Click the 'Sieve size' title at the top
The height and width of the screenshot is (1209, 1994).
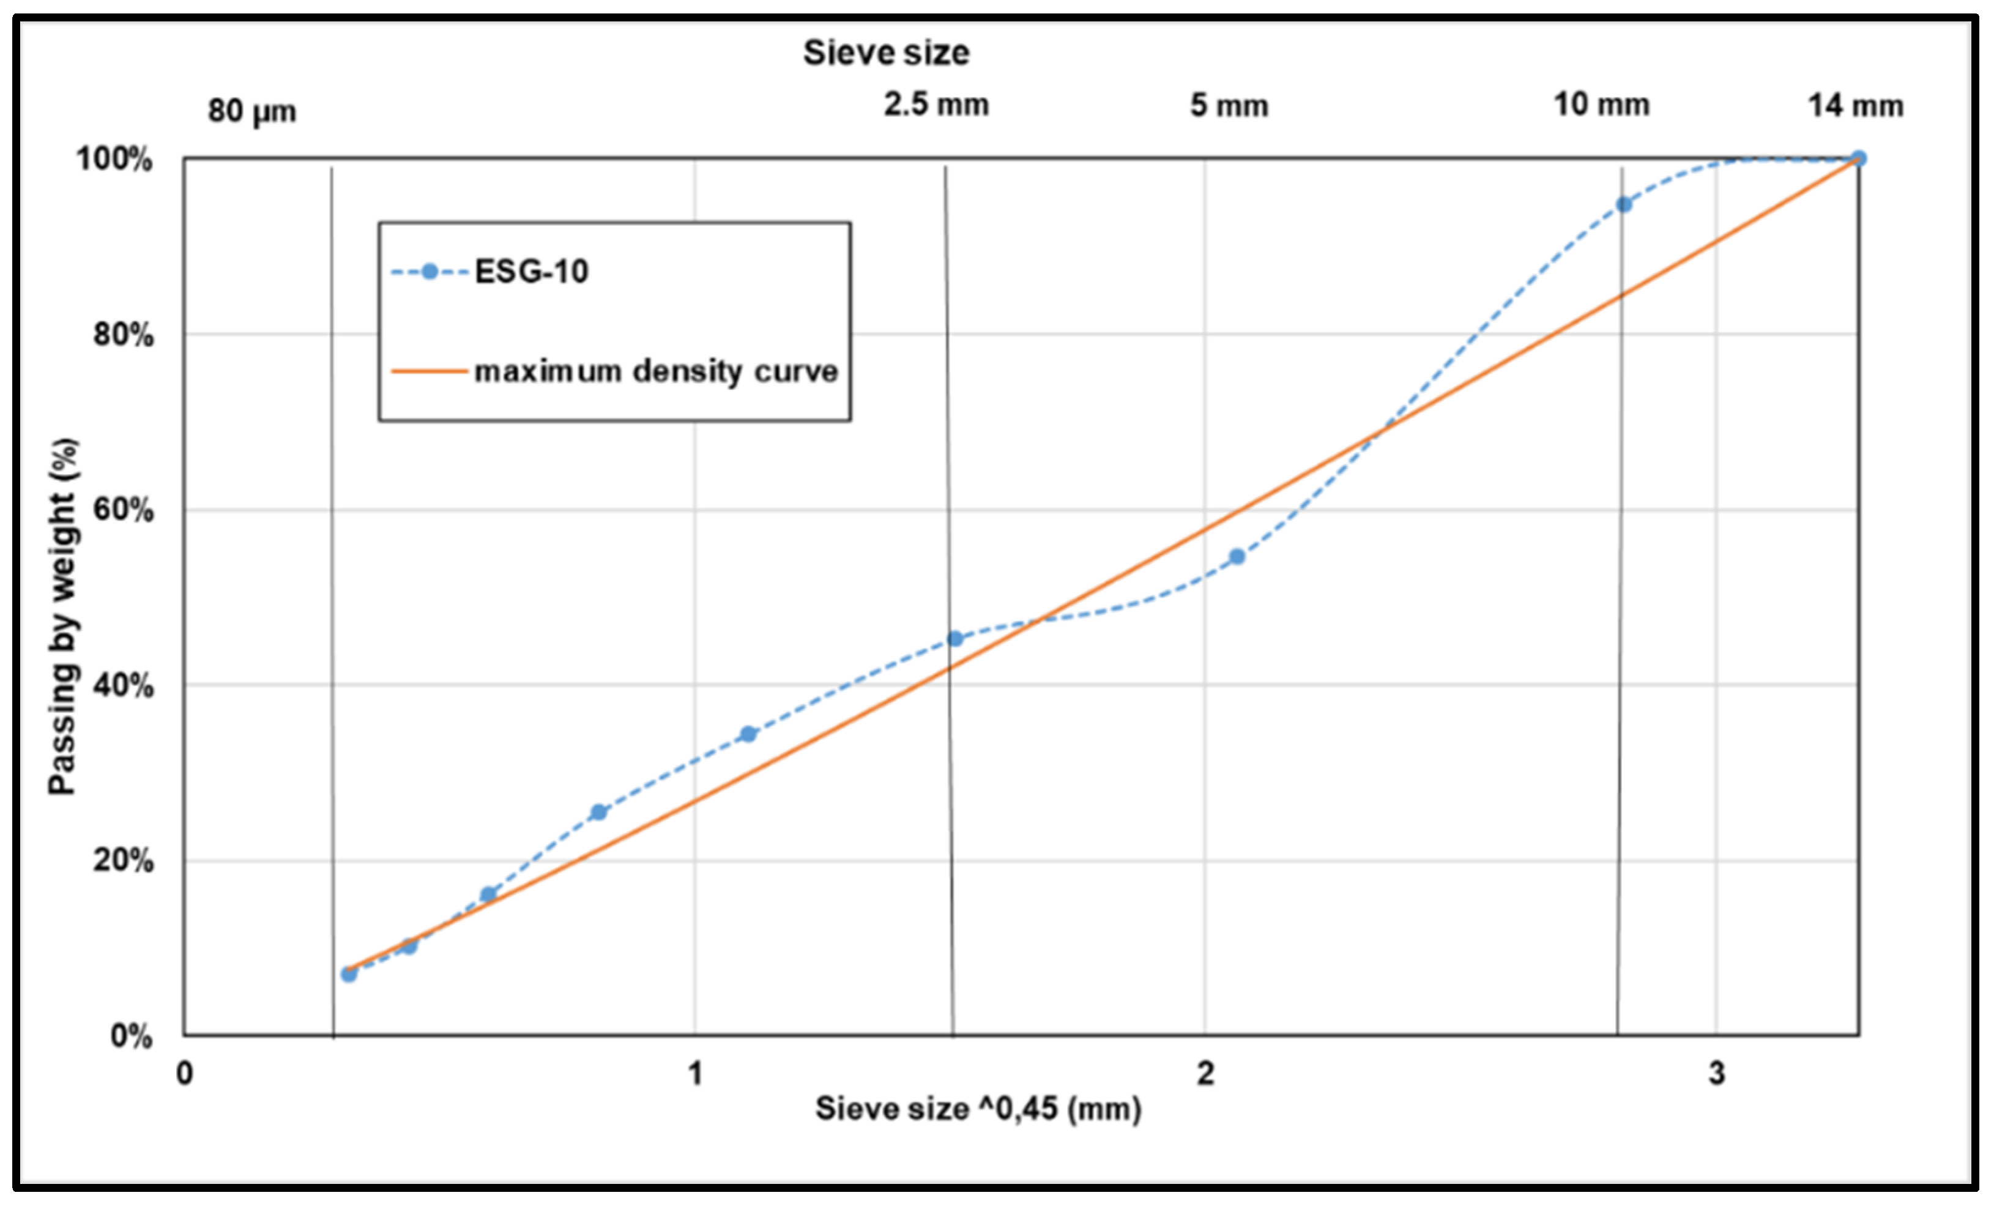click(885, 53)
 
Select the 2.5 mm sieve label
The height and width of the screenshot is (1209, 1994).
click(936, 105)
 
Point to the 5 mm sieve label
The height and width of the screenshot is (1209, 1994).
click(1229, 106)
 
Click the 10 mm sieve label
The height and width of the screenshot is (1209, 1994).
click(1601, 105)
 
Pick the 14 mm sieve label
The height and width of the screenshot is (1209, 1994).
click(1855, 106)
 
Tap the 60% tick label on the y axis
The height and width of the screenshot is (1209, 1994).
click(123, 511)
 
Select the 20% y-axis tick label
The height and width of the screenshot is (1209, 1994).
click(123, 860)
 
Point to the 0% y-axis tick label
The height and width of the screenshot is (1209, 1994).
click(131, 1036)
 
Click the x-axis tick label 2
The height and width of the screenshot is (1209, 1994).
click(1206, 1074)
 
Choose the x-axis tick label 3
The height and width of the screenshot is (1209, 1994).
click(1716, 1074)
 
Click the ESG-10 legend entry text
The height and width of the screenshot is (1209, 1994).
click(531, 272)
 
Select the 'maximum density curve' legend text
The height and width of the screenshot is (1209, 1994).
click(655, 371)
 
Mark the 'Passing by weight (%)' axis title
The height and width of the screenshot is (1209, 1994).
click(63, 617)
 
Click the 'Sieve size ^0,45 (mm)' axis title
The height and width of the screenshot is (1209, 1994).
click(978, 1109)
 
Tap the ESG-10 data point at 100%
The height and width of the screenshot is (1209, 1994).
click(1858, 158)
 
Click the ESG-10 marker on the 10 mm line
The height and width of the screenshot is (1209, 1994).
click(1623, 205)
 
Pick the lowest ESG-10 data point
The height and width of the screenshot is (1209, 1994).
click(349, 974)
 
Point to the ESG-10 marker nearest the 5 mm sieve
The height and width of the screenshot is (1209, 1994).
click(1237, 557)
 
